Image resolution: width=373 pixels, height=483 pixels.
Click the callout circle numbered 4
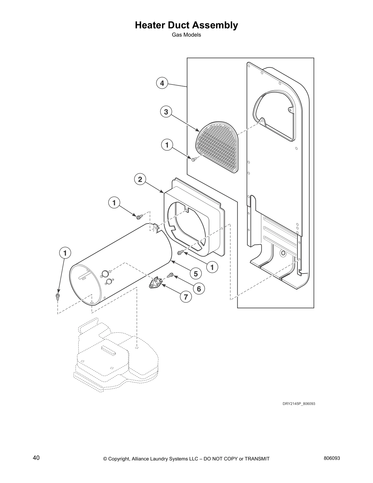162,83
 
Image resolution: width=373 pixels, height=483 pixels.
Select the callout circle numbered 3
166,112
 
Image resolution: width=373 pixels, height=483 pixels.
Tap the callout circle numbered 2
140,179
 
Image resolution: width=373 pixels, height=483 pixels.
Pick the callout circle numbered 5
196,274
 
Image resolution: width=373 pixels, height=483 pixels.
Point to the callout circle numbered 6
199,288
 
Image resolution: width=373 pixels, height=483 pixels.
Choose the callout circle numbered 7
186,296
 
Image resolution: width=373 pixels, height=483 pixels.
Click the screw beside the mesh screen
194,159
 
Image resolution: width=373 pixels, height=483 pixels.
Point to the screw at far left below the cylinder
57,297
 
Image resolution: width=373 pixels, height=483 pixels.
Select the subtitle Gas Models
186,35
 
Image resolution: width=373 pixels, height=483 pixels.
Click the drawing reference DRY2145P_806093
299,404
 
